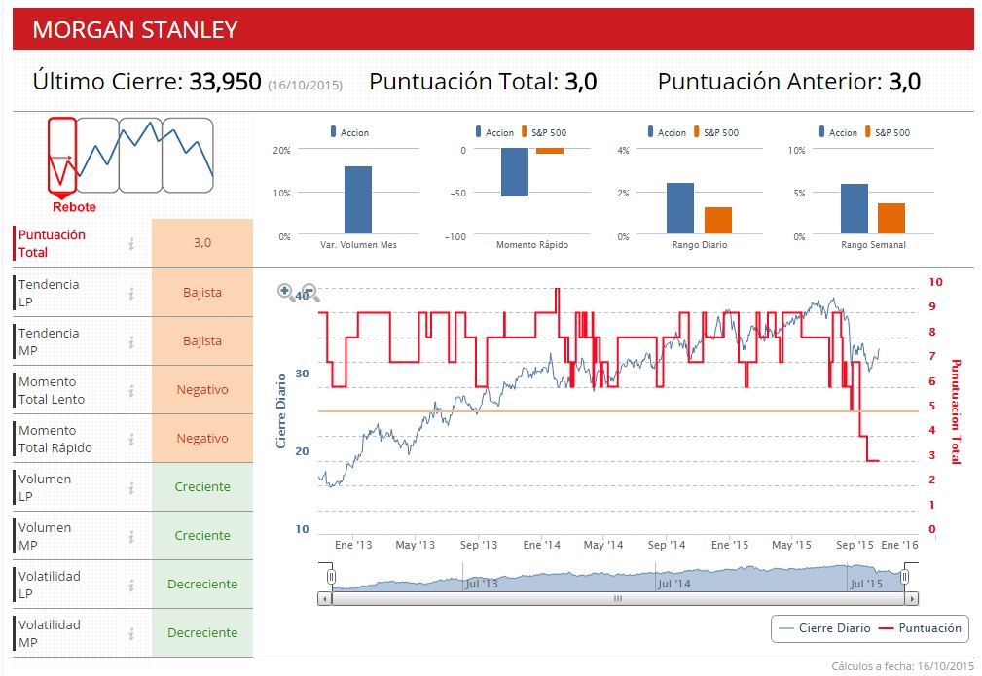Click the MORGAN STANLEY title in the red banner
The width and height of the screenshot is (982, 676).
coord(134,29)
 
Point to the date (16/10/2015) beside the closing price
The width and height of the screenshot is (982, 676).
coord(305,85)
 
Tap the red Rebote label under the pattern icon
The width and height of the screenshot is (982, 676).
coord(74,207)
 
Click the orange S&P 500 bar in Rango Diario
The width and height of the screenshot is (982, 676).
coord(718,221)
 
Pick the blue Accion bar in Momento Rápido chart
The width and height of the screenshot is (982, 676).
coord(514,172)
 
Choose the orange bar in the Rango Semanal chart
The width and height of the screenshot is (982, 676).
coord(891,219)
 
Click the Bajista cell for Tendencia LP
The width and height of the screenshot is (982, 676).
coord(202,292)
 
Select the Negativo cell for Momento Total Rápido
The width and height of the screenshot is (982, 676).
coord(202,438)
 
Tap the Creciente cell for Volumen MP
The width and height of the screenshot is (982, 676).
coord(202,535)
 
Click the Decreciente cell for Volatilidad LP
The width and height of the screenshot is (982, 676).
coord(202,584)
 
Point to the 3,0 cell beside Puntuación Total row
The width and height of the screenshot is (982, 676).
coord(202,243)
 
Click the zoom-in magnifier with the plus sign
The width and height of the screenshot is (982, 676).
coord(286,291)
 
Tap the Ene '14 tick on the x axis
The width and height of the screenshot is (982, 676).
coord(541,546)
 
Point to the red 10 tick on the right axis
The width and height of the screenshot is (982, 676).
coord(935,282)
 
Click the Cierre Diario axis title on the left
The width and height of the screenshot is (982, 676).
coord(281,411)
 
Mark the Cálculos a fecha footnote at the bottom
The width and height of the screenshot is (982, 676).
coord(902,666)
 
